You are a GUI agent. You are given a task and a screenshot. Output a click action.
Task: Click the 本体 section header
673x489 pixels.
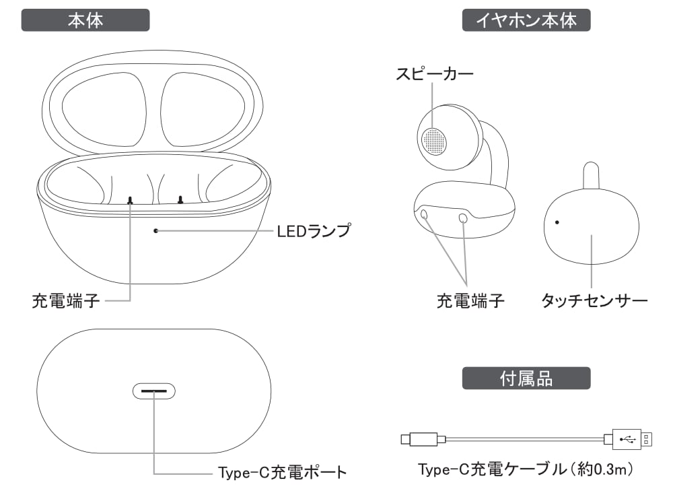[85, 20]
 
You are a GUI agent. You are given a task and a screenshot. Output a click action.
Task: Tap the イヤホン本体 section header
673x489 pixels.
[526, 20]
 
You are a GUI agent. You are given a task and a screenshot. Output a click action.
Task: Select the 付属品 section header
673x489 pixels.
[526, 378]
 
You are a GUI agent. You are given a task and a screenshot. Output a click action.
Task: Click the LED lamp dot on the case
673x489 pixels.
[156, 231]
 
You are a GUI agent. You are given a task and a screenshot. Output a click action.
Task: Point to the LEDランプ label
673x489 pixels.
[314, 231]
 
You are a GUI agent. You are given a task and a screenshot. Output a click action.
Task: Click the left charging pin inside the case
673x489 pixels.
[130, 199]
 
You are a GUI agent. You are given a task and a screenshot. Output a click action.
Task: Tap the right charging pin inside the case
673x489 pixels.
[180, 199]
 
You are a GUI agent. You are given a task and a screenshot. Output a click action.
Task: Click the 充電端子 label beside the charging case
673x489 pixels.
[66, 301]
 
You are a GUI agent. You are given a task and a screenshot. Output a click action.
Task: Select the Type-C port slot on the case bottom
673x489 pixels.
[153, 391]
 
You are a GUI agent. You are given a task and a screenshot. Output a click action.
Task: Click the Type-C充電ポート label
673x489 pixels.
[283, 472]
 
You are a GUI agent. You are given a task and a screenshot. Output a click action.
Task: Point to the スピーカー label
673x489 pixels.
[434, 74]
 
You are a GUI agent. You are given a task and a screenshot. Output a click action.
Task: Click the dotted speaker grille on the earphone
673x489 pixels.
[434, 141]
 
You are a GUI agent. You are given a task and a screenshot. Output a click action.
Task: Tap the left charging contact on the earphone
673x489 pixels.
[424, 214]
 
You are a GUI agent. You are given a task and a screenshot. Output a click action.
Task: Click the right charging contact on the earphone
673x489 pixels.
[463, 218]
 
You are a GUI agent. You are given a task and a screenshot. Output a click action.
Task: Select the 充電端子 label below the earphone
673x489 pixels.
[470, 301]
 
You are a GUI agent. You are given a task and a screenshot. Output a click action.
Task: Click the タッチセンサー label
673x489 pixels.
[594, 300]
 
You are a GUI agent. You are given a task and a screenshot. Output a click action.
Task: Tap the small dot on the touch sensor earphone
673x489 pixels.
[557, 222]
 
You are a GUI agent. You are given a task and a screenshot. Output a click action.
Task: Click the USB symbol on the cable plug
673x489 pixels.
[627, 439]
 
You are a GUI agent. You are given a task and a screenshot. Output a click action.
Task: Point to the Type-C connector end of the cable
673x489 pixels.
[406, 439]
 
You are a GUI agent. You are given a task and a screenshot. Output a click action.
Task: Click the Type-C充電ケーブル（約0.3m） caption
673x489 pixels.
[526, 469]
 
